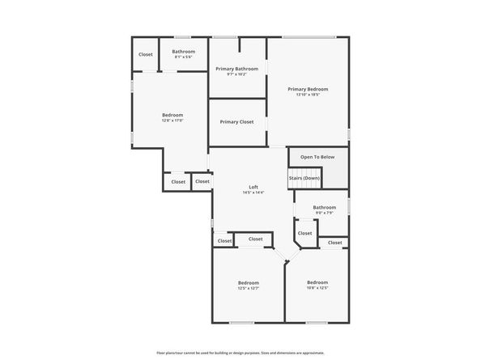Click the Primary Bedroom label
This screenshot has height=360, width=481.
(x=307, y=89)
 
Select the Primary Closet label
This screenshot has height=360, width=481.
(x=236, y=121)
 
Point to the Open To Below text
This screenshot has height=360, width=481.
(x=317, y=157)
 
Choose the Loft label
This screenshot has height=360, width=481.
(x=253, y=187)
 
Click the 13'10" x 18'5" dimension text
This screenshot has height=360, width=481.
(x=307, y=95)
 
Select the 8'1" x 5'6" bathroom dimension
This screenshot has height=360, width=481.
(x=183, y=57)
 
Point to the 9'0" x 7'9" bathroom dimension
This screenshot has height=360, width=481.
(x=324, y=214)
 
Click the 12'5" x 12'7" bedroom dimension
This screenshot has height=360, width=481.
(x=248, y=288)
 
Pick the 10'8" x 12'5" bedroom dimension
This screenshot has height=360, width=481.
(x=317, y=288)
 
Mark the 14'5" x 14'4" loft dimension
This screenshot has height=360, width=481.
(x=253, y=193)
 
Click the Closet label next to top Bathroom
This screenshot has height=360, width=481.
(x=146, y=54)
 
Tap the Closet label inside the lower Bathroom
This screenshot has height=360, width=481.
(x=304, y=233)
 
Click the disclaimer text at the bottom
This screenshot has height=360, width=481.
(x=240, y=354)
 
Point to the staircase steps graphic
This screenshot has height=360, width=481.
(x=332, y=175)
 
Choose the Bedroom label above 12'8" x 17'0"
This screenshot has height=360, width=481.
(x=172, y=115)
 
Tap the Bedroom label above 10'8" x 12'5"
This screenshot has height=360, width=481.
(x=317, y=282)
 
